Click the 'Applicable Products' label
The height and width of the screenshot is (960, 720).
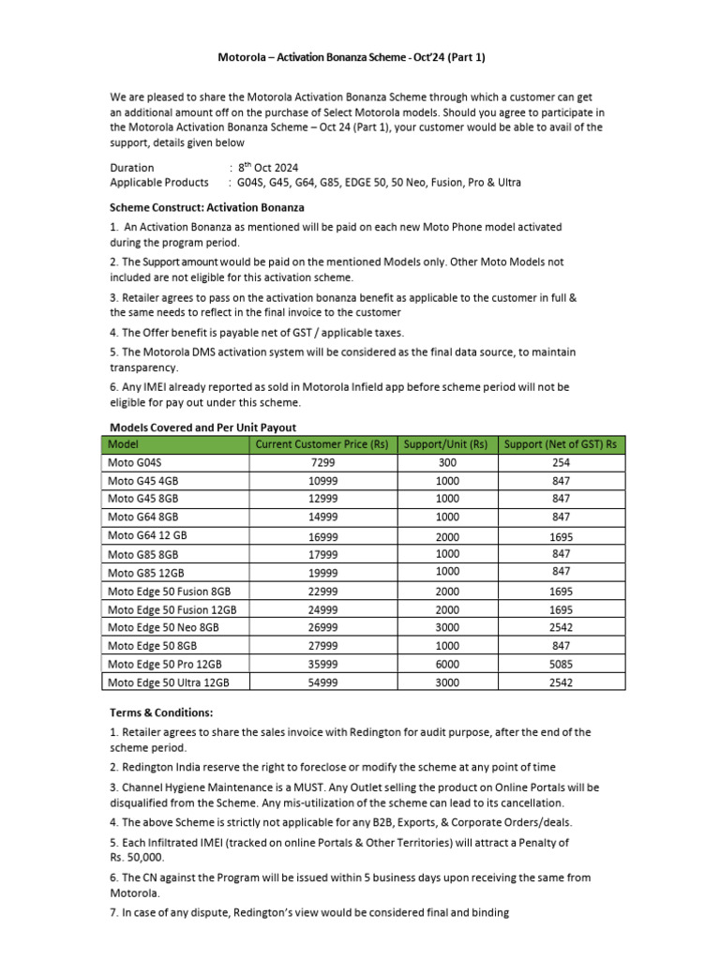point(159,183)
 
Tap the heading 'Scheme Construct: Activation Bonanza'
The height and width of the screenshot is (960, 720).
point(206,206)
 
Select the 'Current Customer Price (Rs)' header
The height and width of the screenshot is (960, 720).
point(321,443)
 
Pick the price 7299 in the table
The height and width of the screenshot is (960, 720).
point(322,463)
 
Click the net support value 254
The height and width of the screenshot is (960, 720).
point(562,463)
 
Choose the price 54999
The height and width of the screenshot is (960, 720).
point(322,682)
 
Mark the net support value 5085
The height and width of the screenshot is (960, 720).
point(562,665)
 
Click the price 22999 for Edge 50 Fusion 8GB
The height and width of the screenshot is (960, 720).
point(322,592)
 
